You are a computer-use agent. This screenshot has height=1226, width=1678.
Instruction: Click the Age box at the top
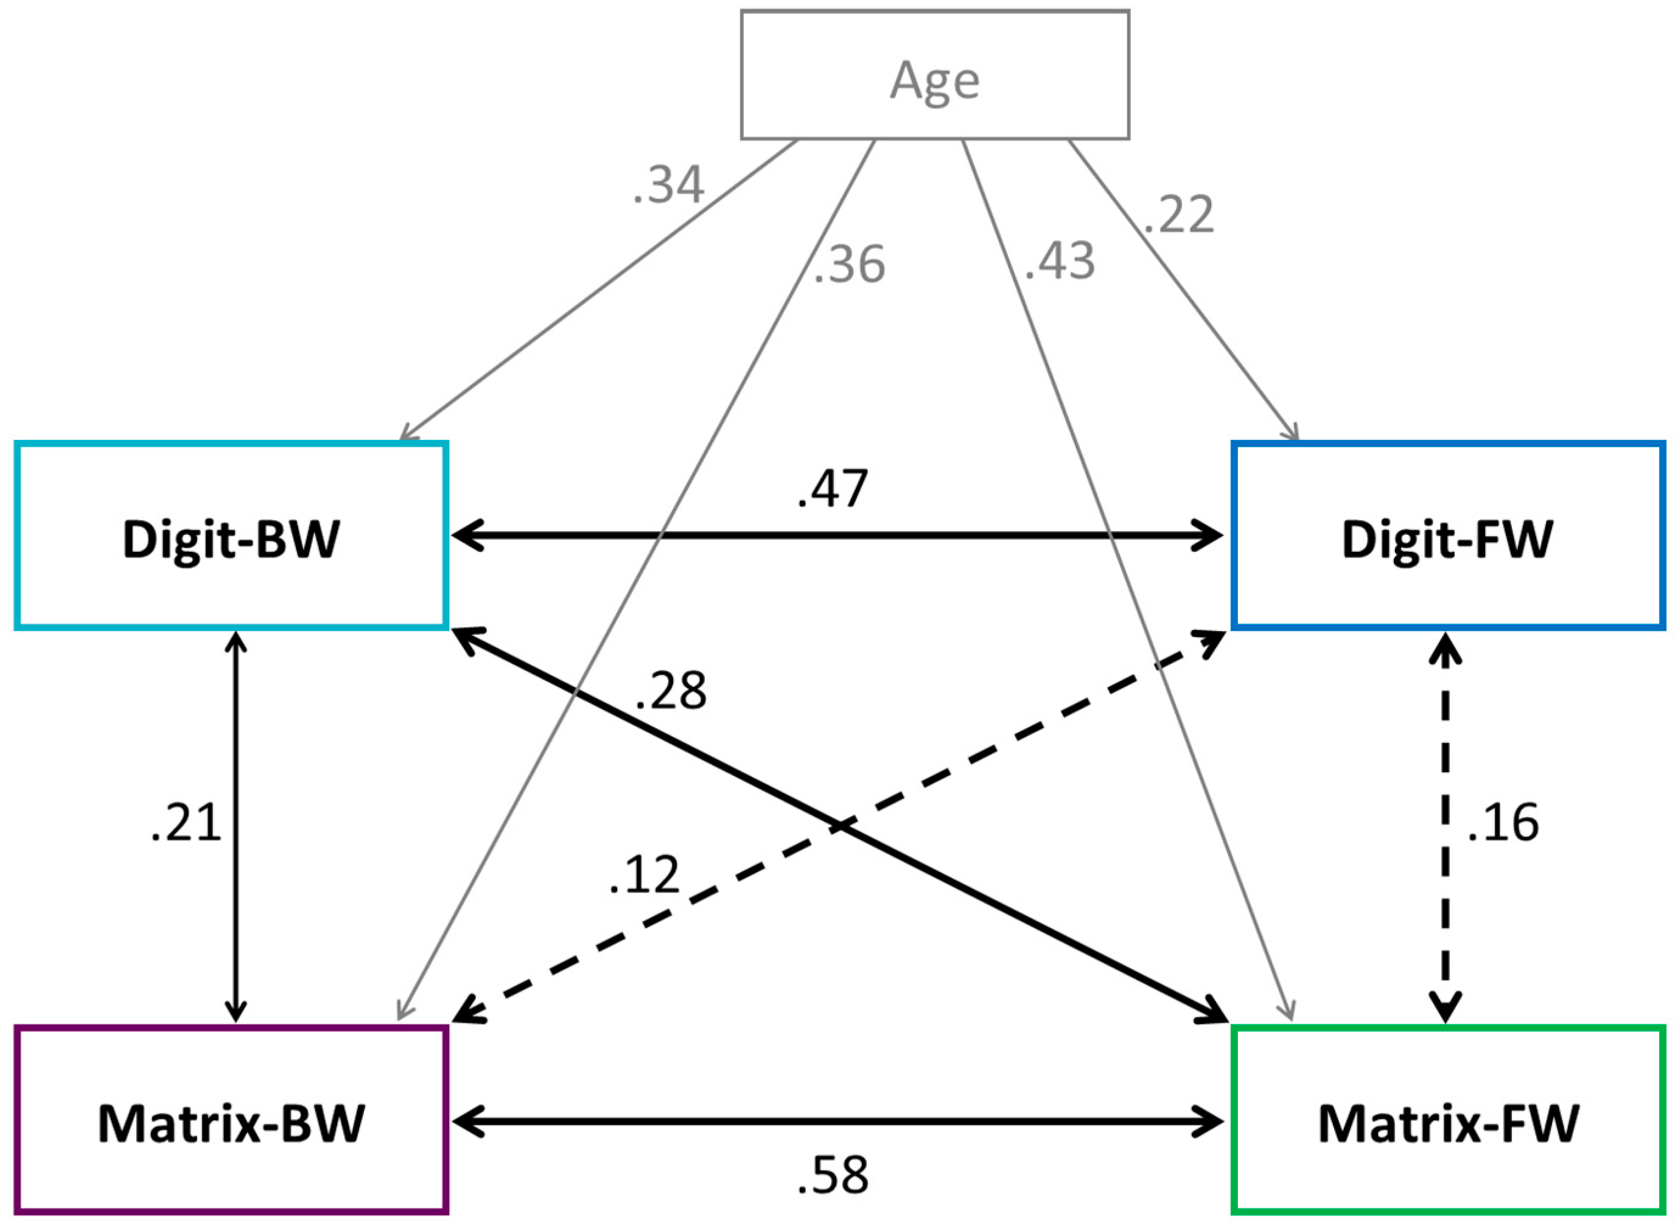pos(934,75)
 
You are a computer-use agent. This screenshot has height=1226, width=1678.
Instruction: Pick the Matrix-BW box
pos(231,1121)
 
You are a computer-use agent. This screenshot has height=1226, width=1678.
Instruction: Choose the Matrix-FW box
pos(1447,1121)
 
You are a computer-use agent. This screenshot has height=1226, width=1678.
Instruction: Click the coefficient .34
pos(668,186)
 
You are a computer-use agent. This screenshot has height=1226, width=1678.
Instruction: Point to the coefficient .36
pos(849,265)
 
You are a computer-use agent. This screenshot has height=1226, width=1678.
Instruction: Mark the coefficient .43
pos(1059,261)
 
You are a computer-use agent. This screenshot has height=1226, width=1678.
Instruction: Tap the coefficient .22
pos(1178,215)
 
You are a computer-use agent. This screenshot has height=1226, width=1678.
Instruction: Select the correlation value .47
pos(832,490)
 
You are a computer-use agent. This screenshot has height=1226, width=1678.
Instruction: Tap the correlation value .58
pos(832,1175)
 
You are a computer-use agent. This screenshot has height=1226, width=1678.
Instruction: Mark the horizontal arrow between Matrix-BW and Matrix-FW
pos(839,1121)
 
